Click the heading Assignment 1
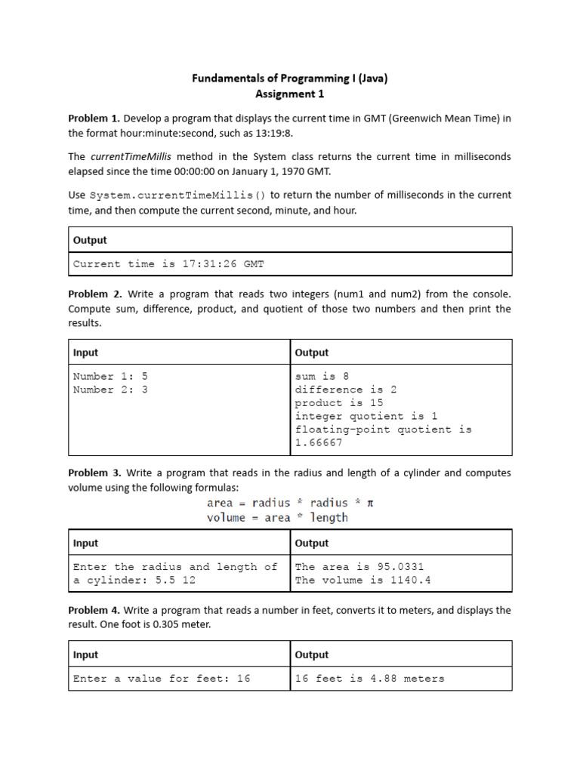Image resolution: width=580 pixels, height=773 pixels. [x=289, y=94]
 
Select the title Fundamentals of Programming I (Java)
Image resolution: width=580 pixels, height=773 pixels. [x=289, y=78]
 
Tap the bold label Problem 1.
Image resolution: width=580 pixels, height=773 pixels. [x=94, y=119]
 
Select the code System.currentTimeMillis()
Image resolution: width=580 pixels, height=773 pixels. [x=177, y=195]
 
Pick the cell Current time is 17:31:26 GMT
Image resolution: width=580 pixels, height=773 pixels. [x=168, y=264]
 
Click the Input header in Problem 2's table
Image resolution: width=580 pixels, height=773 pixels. [x=85, y=353]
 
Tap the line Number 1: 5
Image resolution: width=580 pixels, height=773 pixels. [x=110, y=376]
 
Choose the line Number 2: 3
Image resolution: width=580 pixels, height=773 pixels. [x=110, y=390]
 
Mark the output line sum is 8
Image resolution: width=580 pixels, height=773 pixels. [x=322, y=376]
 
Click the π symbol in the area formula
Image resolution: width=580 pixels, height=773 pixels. [x=370, y=503]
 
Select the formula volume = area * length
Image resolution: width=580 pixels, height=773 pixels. [x=277, y=518]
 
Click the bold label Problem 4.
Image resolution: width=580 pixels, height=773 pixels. [x=94, y=610]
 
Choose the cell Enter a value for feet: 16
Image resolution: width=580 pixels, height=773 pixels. [x=161, y=679]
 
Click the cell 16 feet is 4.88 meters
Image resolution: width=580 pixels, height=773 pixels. [x=369, y=679]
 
